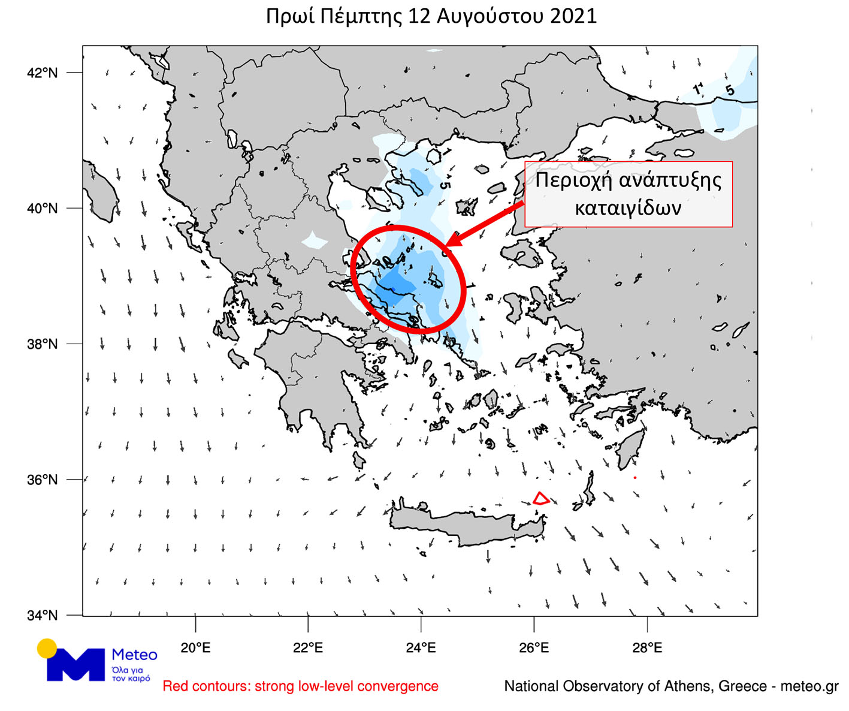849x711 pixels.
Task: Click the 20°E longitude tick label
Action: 195,648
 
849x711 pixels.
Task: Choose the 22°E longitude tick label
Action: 308,648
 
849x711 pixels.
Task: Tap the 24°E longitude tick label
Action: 421,648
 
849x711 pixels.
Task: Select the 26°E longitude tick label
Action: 534,648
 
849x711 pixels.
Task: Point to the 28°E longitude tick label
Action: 647,648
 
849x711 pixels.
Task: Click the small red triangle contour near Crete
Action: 540,499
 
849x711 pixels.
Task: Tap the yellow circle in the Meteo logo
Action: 47,649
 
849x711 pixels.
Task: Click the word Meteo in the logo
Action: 134,655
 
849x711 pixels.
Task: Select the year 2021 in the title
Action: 573,16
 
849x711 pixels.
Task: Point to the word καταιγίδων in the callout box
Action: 628,208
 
